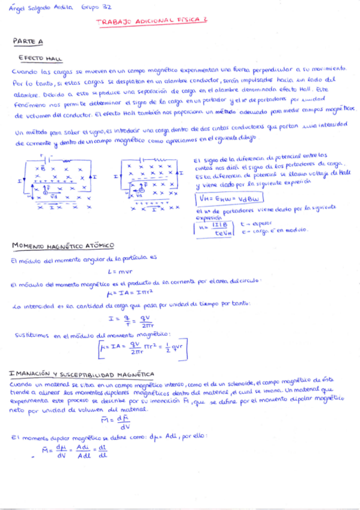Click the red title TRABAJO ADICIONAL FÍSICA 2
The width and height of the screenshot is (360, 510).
pyautogui.click(x=151, y=20)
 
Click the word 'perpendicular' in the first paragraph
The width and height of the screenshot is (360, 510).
pyautogui.click(x=264, y=70)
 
